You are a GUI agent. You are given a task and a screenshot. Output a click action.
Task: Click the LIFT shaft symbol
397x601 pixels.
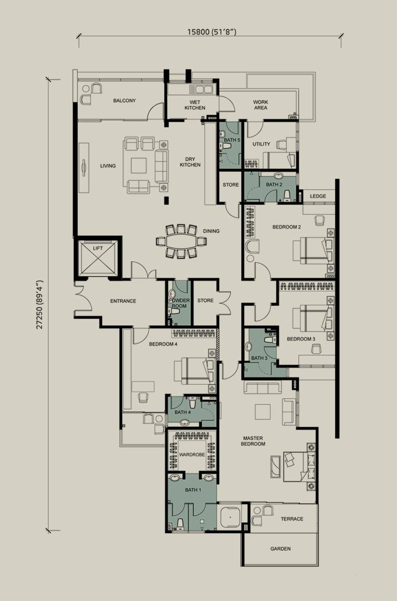tap(97, 258)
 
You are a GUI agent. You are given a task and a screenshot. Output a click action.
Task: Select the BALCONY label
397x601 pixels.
tap(124, 100)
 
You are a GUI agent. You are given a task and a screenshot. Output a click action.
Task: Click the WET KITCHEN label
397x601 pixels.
tap(195, 105)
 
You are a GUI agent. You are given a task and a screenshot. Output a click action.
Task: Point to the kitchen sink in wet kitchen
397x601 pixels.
tap(201, 90)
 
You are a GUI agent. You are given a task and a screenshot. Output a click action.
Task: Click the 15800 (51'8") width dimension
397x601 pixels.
tap(212, 32)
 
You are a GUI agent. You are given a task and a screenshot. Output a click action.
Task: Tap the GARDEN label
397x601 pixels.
tap(280, 548)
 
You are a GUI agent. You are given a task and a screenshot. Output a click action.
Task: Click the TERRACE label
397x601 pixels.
tap(292, 519)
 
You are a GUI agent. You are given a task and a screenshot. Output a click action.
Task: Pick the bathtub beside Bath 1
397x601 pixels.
tap(229, 517)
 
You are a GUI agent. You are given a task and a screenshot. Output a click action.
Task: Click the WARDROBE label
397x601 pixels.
tap(192, 455)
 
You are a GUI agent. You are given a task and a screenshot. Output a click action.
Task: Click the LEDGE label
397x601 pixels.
tap(318, 196)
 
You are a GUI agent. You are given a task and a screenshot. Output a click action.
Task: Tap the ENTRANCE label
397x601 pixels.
tap(123, 301)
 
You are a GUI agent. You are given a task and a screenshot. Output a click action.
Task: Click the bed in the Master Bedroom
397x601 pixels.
tap(300, 466)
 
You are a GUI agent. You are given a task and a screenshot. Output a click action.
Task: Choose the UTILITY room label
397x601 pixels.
tap(261, 144)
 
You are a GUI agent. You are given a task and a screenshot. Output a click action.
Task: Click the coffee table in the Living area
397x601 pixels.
tap(139, 166)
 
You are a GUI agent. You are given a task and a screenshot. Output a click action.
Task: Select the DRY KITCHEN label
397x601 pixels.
tap(190, 162)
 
